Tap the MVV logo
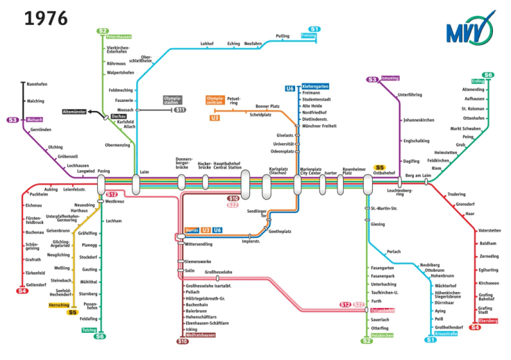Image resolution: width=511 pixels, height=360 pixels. pyautogui.click(x=471, y=30)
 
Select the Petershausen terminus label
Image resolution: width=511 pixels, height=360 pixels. pyautogui.click(x=119, y=36)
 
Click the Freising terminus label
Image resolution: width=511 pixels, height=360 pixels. pyautogui.click(x=309, y=35)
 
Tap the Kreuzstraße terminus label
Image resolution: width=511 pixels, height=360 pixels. pyautogui.click(x=445, y=334)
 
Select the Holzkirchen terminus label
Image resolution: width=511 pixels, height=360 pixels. pyautogui.click(x=382, y=335)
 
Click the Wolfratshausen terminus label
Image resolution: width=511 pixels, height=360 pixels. pyautogui.click(x=194, y=335)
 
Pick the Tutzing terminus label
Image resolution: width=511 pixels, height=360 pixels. pyautogui.click(x=89, y=330)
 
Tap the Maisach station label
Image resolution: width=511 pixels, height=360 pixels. pyautogui.click(x=35, y=119)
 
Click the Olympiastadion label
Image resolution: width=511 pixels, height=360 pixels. pyautogui.click(x=172, y=101)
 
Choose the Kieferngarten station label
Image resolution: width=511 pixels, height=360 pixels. pyautogui.click(x=315, y=87)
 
